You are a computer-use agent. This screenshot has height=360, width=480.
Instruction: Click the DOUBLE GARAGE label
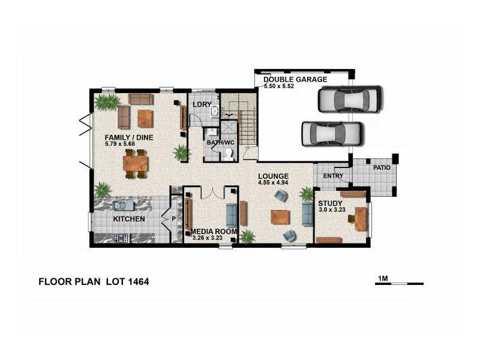(x=295, y=79)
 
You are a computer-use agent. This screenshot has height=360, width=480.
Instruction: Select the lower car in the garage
(x=332, y=134)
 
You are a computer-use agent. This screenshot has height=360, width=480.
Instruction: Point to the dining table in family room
(x=135, y=163)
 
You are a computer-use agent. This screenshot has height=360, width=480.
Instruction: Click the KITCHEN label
(x=129, y=219)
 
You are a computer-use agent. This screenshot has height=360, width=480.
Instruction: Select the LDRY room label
(x=202, y=105)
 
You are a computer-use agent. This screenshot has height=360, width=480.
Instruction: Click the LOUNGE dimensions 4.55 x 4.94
(x=274, y=182)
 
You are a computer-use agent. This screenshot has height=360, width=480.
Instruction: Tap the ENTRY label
(x=333, y=176)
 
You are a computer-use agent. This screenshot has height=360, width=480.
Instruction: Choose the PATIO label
(x=382, y=167)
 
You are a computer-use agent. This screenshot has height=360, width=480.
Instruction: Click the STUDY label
(x=329, y=203)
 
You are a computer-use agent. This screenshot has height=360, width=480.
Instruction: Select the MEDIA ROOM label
(x=214, y=231)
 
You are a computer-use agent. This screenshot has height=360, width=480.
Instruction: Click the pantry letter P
(x=173, y=219)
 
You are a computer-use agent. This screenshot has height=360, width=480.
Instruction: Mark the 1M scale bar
(x=399, y=283)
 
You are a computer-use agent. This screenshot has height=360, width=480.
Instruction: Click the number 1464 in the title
(x=138, y=281)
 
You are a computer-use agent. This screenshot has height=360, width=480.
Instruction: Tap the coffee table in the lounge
(x=280, y=217)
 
